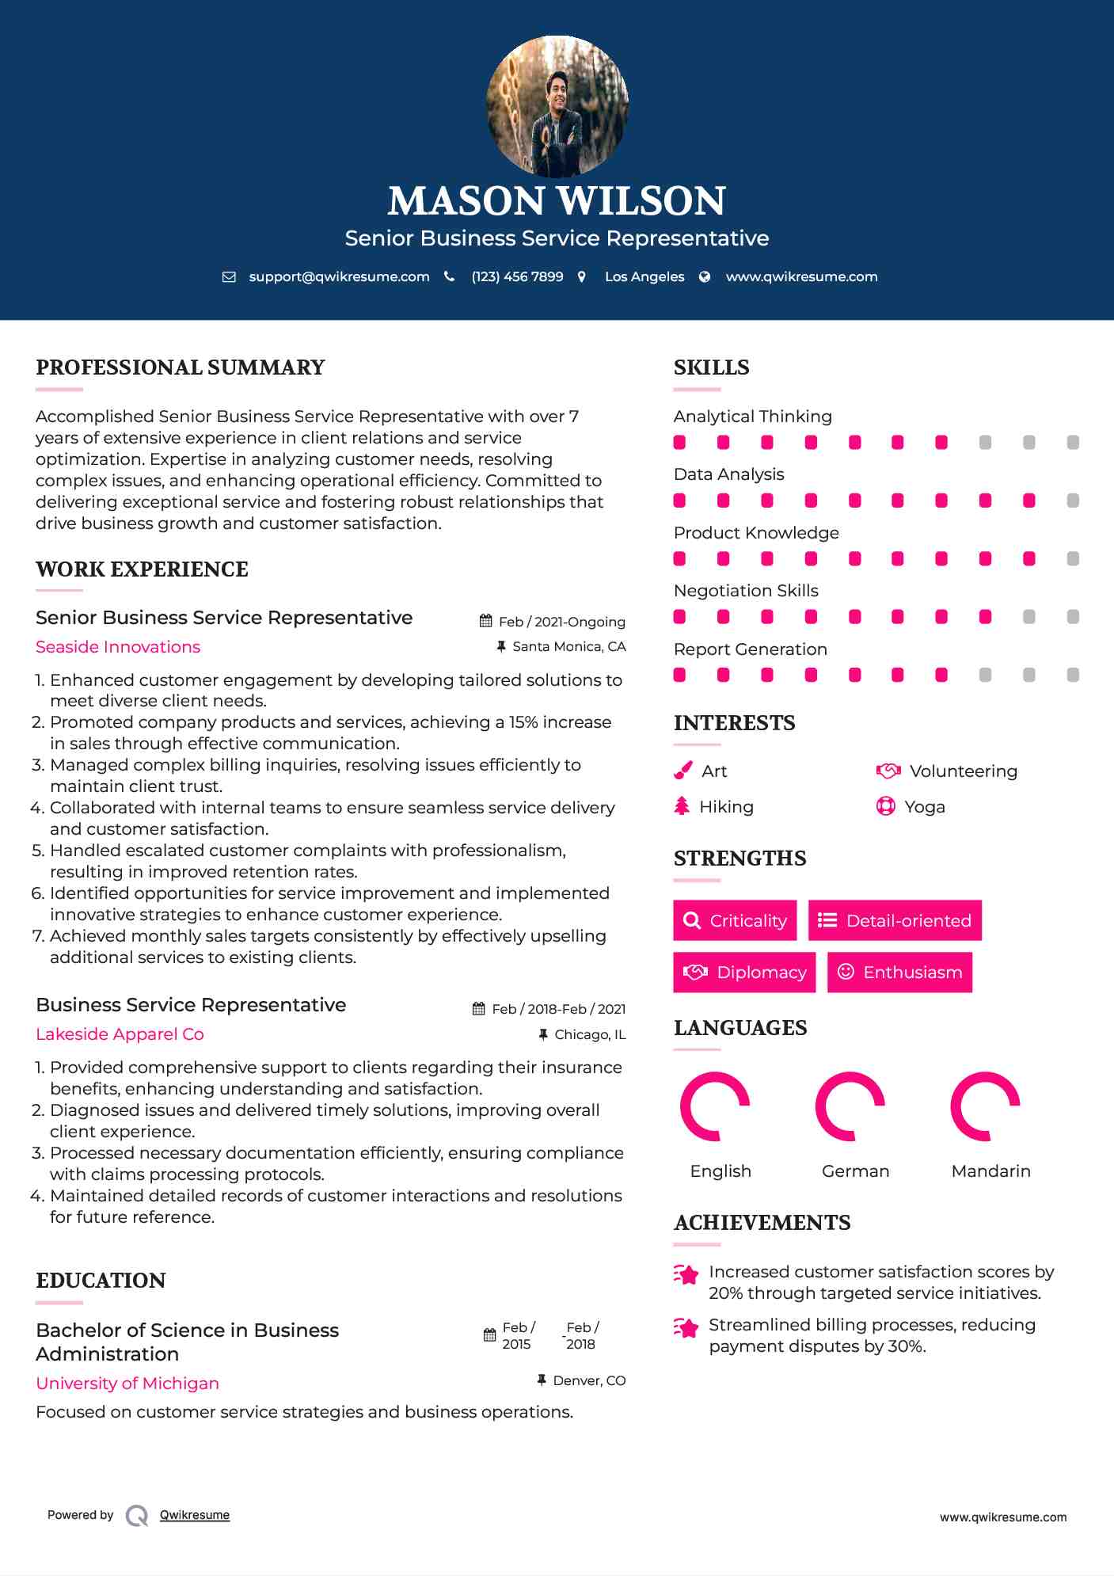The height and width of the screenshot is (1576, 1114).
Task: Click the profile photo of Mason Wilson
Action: [x=557, y=105]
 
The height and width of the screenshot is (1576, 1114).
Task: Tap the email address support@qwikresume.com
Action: [x=339, y=276]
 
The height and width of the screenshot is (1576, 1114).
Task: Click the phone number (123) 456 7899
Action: [x=517, y=276]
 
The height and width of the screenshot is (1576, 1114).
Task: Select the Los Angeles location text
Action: [x=644, y=276]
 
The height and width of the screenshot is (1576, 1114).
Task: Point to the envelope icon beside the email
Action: [x=229, y=276]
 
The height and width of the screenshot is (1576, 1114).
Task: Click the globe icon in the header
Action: [x=705, y=276]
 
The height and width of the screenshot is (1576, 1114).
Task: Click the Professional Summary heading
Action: [x=181, y=367]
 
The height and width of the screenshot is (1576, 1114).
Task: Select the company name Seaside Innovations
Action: [x=118, y=647]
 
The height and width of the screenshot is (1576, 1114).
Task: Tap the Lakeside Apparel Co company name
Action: [x=120, y=1034]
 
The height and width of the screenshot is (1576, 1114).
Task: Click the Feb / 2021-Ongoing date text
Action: [x=561, y=622]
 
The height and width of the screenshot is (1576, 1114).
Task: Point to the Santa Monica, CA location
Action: [x=568, y=646]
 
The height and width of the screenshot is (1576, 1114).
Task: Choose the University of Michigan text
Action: [x=127, y=1384]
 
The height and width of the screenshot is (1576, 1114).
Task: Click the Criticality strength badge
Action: [x=735, y=920]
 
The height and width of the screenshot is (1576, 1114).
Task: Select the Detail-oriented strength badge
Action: [x=895, y=920]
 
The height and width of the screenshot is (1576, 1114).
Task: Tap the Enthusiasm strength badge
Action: [x=899, y=972]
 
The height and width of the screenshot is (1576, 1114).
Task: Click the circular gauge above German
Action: [x=850, y=1106]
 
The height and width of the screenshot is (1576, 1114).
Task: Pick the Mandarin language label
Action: [x=990, y=1171]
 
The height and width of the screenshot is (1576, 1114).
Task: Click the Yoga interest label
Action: [x=925, y=807]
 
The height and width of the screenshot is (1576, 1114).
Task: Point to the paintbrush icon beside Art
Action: [x=682, y=771]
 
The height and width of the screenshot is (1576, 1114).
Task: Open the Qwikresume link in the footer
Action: [x=195, y=1515]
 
